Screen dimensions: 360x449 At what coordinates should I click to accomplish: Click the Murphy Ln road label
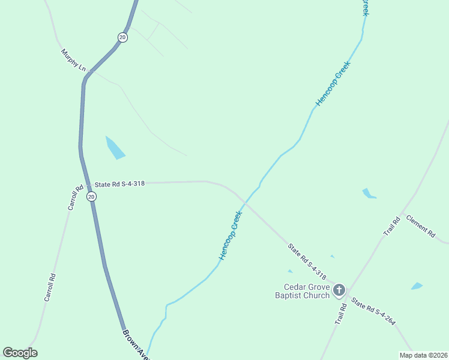tap(74, 61)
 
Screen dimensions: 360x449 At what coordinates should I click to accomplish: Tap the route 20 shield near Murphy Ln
tap(122, 37)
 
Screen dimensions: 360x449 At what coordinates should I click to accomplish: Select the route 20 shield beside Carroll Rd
tap(91, 196)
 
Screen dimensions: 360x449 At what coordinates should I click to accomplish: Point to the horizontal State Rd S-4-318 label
tap(119, 184)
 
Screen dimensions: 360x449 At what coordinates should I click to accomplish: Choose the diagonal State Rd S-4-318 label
tap(307, 262)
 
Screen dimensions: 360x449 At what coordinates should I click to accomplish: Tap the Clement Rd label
tap(420, 226)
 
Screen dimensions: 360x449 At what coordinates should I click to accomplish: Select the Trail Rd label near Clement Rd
tap(392, 226)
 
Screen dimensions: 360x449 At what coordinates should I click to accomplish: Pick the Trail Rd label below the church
tap(340, 314)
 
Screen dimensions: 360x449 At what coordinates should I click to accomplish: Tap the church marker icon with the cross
tap(339, 291)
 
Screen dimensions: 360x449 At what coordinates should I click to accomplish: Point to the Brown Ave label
tap(136, 344)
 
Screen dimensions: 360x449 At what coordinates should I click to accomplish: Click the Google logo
tap(20, 353)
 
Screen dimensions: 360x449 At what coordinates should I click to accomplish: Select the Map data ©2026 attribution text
tap(423, 355)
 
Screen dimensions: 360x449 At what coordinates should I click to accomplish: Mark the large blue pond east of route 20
tap(114, 148)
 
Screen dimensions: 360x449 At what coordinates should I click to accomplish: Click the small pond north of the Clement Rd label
tap(368, 194)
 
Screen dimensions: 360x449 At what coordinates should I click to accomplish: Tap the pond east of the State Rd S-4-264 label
tap(417, 286)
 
